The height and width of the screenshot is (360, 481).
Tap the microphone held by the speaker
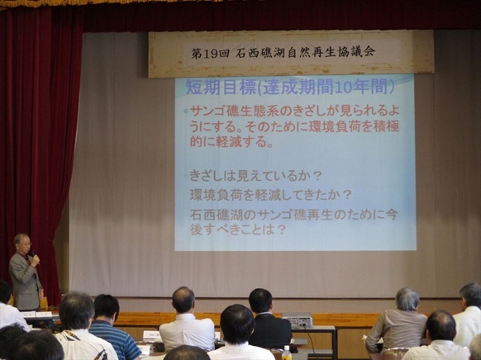click(x=32, y=253)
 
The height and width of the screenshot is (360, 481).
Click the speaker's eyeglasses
click(x=26, y=244)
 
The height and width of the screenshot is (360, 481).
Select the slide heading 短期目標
click(x=221, y=88)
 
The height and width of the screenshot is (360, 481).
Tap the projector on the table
click(x=297, y=320)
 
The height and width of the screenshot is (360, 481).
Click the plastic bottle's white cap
click(x=287, y=348)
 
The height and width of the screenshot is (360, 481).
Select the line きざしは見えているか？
click(x=255, y=176)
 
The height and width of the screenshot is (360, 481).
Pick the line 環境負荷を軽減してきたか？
click(x=270, y=195)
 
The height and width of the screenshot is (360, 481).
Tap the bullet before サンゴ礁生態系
click(x=186, y=111)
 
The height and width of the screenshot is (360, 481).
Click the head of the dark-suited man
click(x=260, y=301)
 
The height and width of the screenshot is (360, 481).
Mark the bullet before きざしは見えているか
click(x=186, y=176)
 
